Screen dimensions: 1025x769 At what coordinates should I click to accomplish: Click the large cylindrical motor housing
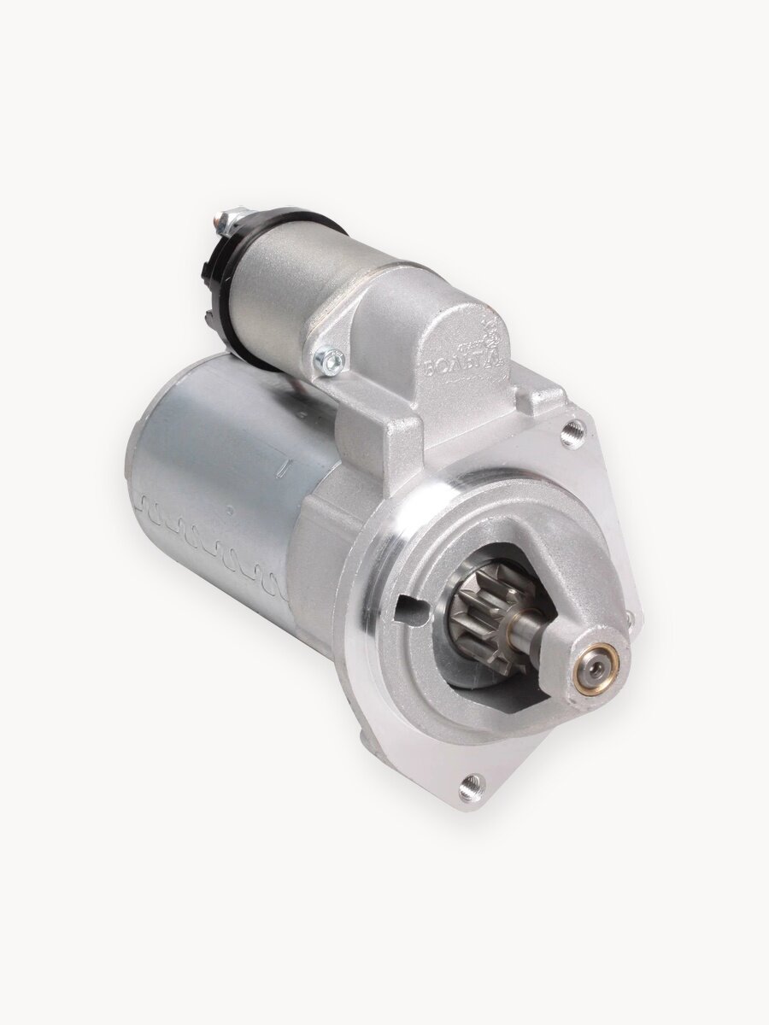pos(214,478)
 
